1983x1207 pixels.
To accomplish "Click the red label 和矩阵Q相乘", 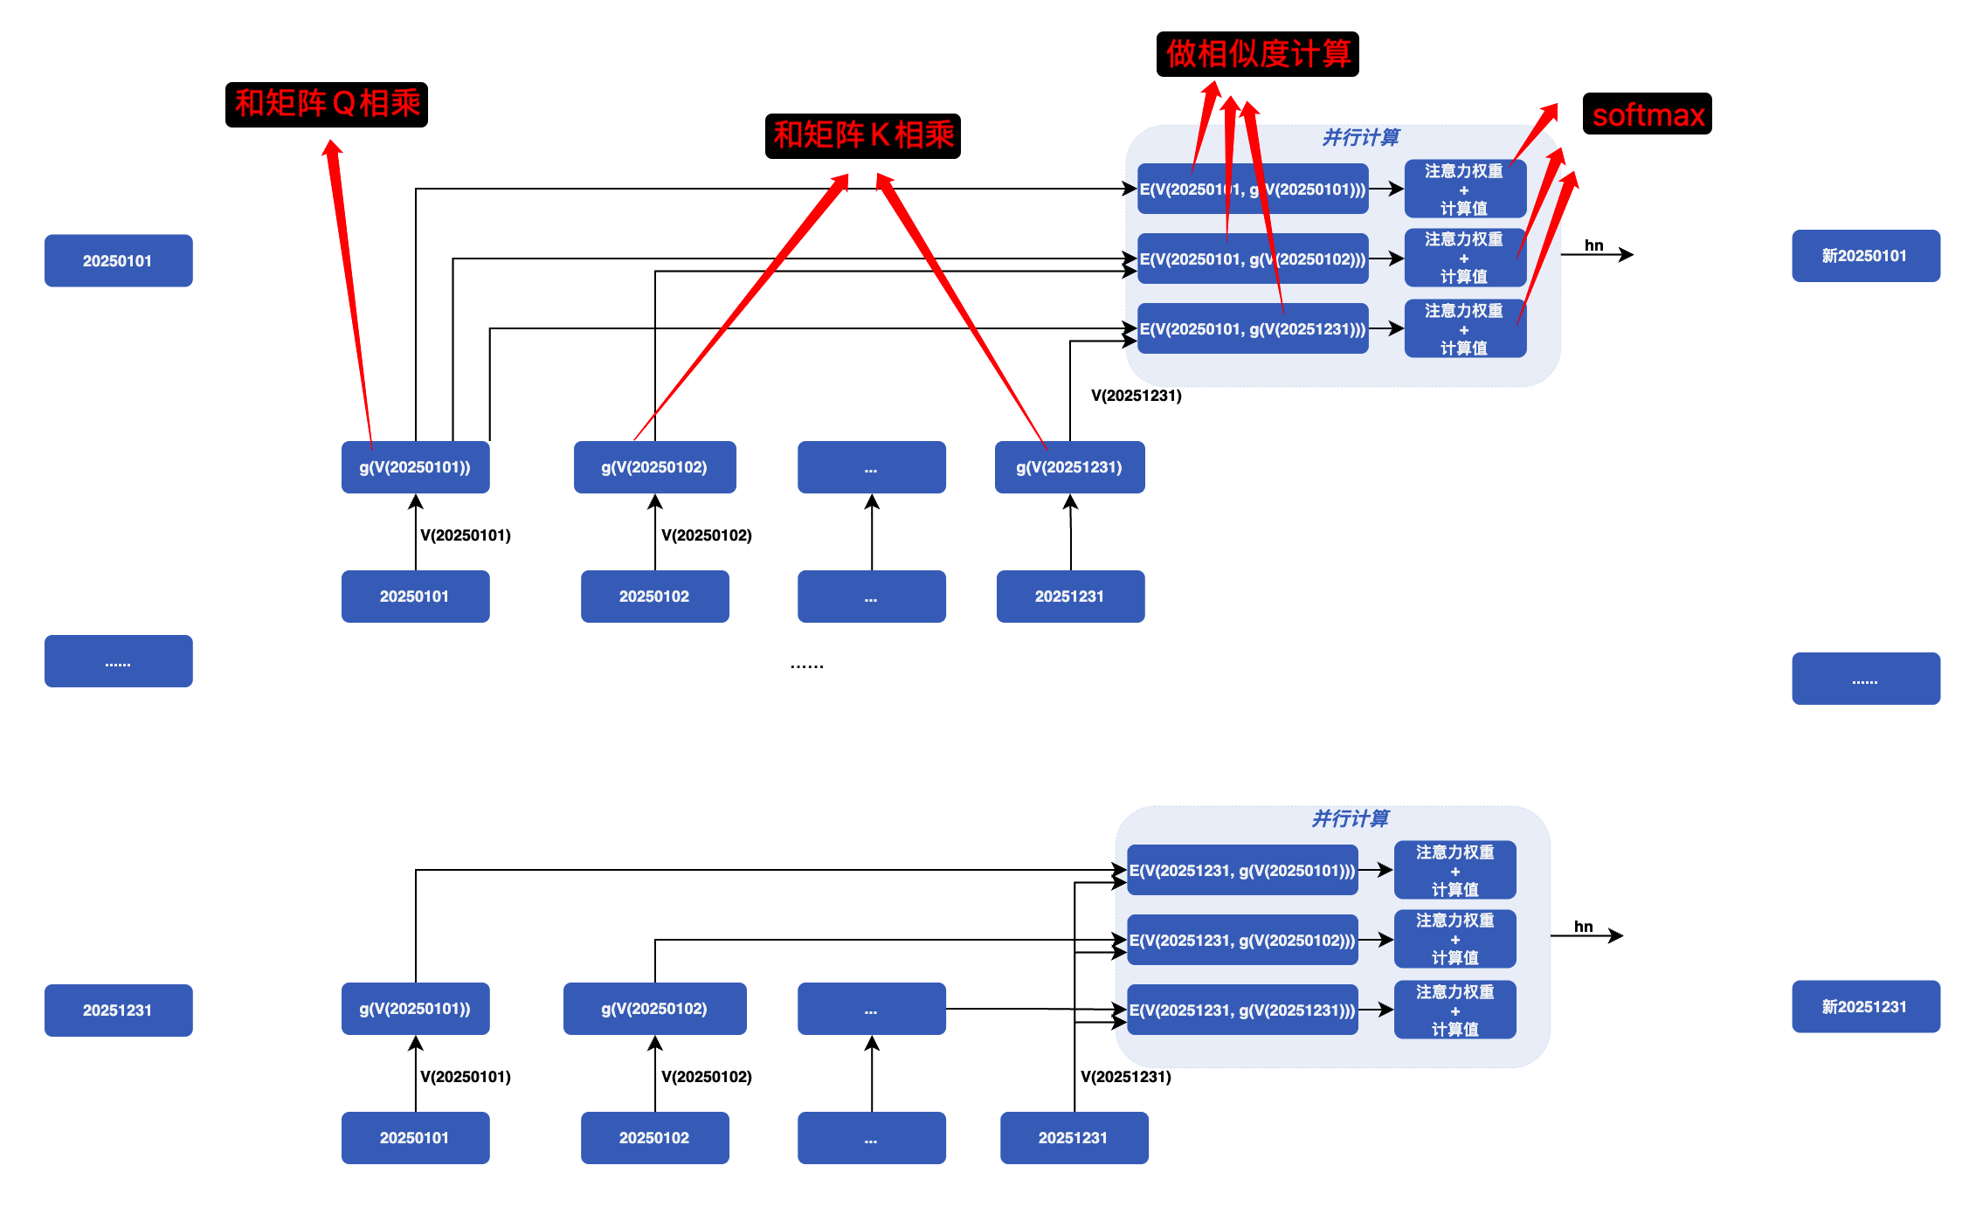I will (327, 104).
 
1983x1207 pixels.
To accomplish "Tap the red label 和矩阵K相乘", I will (863, 135).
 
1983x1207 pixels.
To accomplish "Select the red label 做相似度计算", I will (1258, 54).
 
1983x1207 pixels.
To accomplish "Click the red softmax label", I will (1648, 114).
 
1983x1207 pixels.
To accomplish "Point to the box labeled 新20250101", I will (1866, 256).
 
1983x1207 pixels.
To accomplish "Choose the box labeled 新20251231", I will (1866, 1007).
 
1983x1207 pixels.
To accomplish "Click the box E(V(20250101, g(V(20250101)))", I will (1253, 189).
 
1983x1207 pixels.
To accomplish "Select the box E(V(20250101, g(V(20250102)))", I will (1253, 259).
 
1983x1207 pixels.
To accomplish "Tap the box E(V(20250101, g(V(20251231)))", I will (1253, 328).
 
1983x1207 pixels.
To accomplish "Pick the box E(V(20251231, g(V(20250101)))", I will (1242, 870).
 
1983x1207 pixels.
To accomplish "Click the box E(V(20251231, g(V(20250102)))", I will (1242, 940).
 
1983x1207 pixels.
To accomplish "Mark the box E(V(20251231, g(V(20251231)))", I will (1242, 1010).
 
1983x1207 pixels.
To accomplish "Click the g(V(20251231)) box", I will (1069, 467).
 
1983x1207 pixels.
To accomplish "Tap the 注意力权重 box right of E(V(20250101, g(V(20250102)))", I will (1465, 258).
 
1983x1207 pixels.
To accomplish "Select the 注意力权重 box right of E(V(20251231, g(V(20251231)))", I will (1454, 1010).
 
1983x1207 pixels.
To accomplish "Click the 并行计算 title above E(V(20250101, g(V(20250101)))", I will (1361, 137).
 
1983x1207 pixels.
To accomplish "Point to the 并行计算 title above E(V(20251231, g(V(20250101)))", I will (1351, 818).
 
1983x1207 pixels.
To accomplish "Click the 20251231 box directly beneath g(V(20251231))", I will (1070, 597).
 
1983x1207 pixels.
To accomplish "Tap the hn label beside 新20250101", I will (1594, 245).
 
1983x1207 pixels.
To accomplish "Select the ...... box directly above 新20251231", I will (1866, 679).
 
